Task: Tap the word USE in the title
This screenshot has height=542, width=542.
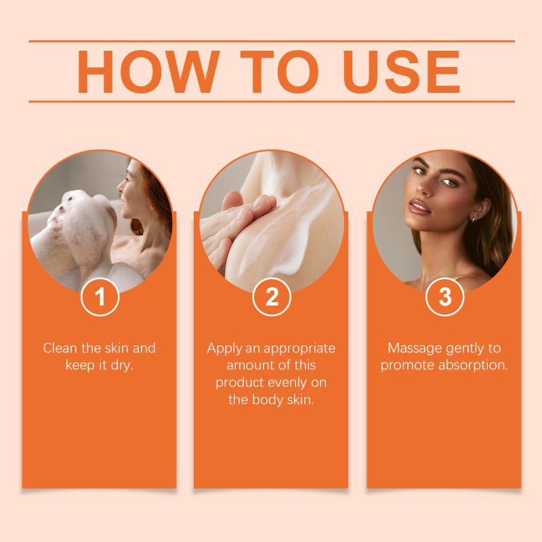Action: click(x=401, y=72)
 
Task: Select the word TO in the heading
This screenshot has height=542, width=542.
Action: click(x=279, y=72)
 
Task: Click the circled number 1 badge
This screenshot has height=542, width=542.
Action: click(x=100, y=297)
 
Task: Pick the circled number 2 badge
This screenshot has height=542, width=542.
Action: click(x=272, y=297)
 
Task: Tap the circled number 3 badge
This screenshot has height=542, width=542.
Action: click(x=444, y=297)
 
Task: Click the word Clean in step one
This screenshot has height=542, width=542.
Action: click(x=60, y=348)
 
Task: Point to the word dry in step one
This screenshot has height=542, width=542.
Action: click(x=122, y=366)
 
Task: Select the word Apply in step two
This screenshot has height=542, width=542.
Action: click(x=224, y=349)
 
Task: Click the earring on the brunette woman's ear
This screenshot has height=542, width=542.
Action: click(x=473, y=219)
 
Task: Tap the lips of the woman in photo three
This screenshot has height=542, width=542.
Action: click(x=419, y=207)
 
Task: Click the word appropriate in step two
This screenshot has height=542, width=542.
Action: click(x=299, y=349)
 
